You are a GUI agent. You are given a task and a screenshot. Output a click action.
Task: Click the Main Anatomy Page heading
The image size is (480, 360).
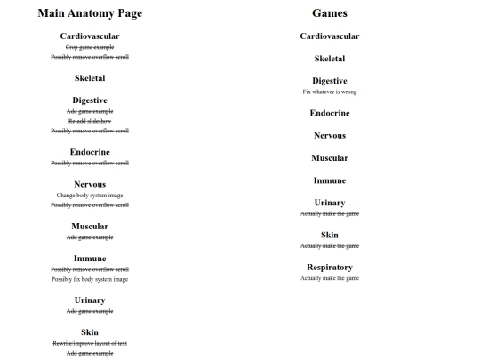pyautogui.click(x=90, y=13)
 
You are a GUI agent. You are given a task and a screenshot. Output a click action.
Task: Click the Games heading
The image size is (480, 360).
pyautogui.click(x=330, y=13)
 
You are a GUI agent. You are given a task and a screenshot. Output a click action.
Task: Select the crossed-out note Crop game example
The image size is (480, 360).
pyautogui.click(x=90, y=47)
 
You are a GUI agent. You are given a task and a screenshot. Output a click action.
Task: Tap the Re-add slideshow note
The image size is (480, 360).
pyautogui.click(x=90, y=121)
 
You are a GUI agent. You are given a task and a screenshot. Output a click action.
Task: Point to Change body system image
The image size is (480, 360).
pyautogui.click(x=90, y=195)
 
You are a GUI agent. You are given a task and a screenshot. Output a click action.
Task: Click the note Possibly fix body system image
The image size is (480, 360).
pyautogui.click(x=90, y=279)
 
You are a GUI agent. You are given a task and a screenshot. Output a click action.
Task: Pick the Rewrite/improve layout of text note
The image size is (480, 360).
pyautogui.click(x=90, y=343)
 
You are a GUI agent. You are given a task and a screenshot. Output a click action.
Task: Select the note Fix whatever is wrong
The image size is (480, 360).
pyautogui.click(x=330, y=92)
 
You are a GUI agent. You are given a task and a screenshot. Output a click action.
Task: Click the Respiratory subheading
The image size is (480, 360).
pyautogui.click(x=330, y=267)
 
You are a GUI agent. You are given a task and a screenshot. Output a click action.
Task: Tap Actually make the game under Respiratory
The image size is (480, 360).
pyautogui.click(x=330, y=278)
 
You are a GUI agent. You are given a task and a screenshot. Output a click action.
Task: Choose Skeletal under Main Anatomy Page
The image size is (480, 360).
pyautogui.click(x=90, y=78)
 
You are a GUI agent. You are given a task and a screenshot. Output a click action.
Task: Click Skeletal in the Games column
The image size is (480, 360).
pyautogui.click(x=330, y=59)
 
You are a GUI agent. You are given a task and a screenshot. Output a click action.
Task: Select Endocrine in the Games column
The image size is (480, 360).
pyautogui.click(x=330, y=113)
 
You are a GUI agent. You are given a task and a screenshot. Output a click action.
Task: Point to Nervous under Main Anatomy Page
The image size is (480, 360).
pyautogui.click(x=90, y=184)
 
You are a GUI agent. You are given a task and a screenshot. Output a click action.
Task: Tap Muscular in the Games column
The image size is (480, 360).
pyautogui.click(x=330, y=157)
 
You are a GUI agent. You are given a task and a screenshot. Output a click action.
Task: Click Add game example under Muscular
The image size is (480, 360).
pyautogui.click(x=90, y=237)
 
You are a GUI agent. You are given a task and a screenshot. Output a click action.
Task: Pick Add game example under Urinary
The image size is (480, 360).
pyautogui.click(x=90, y=311)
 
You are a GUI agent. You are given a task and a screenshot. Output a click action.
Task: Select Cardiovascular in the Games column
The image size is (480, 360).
pyautogui.click(x=330, y=36)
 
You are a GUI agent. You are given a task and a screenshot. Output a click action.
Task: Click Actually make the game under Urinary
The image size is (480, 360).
pyautogui.click(x=330, y=213)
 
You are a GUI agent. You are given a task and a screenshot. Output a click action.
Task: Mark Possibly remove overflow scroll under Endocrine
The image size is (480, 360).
pyautogui.click(x=90, y=163)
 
